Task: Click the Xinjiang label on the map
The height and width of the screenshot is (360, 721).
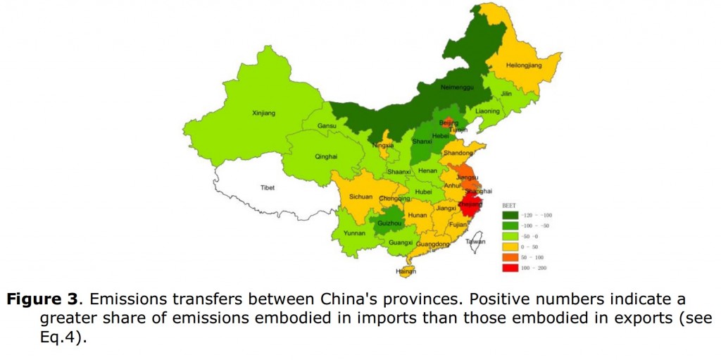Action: point(263,113)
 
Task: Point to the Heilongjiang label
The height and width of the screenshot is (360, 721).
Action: point(524,66)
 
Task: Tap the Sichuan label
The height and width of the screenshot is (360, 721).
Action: point(360,197)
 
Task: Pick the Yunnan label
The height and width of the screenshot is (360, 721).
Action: point(354,232)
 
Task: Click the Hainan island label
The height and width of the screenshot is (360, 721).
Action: point(406,271)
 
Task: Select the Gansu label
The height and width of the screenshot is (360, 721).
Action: point(327,126)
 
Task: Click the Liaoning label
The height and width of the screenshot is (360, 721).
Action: point(487,111)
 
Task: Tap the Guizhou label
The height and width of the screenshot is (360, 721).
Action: point(389,223)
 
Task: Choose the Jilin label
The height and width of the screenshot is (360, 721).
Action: point(506,94)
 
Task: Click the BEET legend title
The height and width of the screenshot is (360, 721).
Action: point(508,205)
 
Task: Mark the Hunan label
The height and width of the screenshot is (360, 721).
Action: point(418,215)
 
